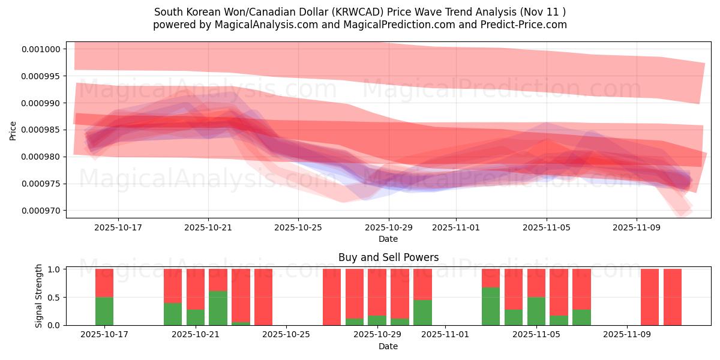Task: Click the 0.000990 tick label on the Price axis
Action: (41, 103)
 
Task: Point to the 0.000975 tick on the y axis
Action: (41, 184)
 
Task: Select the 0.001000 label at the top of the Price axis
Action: (41, 49)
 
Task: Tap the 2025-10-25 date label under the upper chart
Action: (298, 228)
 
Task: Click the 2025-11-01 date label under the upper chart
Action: (456, 228)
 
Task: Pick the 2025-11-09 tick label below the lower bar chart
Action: (626, 335)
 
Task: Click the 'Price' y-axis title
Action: (13, 130)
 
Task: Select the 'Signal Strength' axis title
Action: (39, 296)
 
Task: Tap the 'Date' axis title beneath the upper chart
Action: (388, 239)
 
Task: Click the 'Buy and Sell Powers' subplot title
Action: (388, 257)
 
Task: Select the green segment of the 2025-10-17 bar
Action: (104, 311)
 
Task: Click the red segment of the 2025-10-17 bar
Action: (104, 283)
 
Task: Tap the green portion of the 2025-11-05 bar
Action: (536, 311)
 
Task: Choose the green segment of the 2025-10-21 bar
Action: (196, 317)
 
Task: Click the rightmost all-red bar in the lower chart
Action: (672, 297)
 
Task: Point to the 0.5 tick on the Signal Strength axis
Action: (56, 297)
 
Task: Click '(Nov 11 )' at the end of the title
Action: (542, 12)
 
